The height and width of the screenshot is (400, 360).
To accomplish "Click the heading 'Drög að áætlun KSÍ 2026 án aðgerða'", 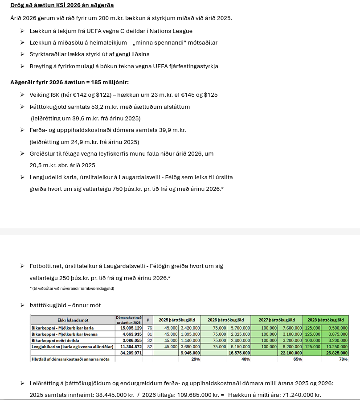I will pos(62,5).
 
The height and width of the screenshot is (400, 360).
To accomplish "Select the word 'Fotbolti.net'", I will pos(47,266).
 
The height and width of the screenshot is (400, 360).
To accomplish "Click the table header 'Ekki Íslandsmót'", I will pos(73,320).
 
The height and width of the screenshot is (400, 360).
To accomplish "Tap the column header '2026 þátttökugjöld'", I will pos(225,320).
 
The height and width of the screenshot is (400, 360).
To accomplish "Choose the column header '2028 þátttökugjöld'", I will pos(325,320).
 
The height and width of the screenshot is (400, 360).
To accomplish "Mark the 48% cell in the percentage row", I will pos(245,359).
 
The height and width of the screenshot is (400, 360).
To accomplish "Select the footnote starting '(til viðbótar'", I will pos(72,289).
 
